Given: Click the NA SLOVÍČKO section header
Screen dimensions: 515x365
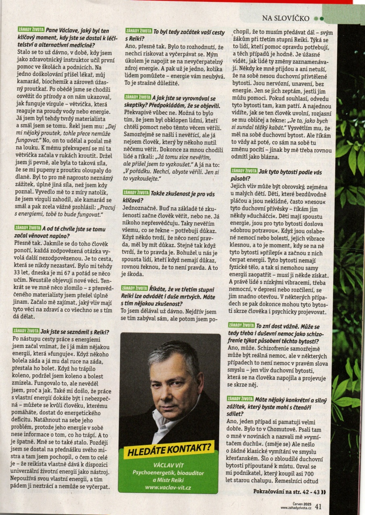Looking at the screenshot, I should point(286,18).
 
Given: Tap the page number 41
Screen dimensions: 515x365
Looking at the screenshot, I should point(318,507).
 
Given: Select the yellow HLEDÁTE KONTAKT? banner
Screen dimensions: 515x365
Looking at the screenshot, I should point(169,450).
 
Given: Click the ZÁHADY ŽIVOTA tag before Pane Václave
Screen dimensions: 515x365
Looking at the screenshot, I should point(29,30).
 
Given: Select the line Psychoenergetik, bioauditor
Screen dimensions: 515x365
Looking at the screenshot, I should point(169,472).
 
